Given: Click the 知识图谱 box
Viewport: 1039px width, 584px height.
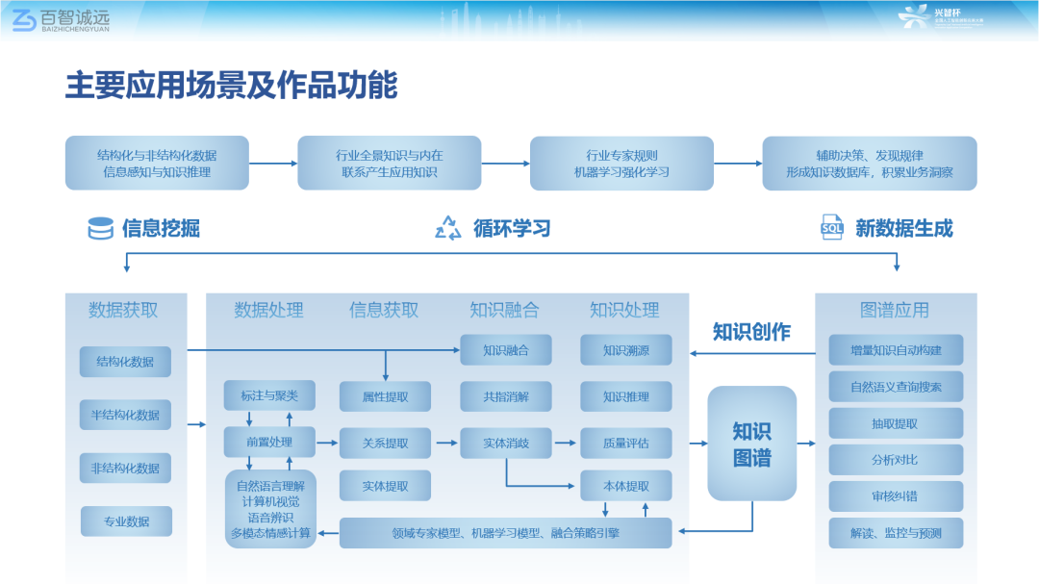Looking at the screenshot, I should tap(752, 444).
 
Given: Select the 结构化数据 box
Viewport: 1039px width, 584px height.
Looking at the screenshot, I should tap(125, 362).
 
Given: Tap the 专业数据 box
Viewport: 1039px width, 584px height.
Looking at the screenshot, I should tap(125, 521).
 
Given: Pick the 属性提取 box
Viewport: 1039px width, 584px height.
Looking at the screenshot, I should tap(385, 395).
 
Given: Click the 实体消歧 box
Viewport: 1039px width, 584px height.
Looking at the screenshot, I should tap(506, 443).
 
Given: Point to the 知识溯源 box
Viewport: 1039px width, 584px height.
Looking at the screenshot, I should tap(626, 350).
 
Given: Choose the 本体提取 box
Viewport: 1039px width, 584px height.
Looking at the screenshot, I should tap(626, 486).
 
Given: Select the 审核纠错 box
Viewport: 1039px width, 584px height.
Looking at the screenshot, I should tap(896, 496).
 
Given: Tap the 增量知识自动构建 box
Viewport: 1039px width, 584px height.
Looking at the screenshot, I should tap(896, 350).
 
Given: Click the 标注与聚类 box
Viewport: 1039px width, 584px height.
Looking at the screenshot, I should tap(269, 395).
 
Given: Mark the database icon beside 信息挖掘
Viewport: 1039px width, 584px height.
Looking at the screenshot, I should tap(100, 228).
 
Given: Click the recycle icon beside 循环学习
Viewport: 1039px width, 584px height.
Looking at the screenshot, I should tap(448, 228).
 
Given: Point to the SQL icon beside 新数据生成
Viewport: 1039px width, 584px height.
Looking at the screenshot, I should tap(831, 228).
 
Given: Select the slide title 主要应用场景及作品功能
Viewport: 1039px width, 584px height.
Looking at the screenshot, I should tap(231, 86).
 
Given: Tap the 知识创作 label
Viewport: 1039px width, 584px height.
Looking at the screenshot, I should tap(751, 332).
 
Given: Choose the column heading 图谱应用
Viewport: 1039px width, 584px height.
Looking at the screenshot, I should tap(895, 310).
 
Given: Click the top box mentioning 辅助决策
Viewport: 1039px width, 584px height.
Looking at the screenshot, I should tap(869, 164).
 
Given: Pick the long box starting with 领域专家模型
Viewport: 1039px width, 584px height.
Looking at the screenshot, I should tap(506, 532).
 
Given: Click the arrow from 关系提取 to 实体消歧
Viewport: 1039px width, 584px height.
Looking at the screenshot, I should tap(445, 443).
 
